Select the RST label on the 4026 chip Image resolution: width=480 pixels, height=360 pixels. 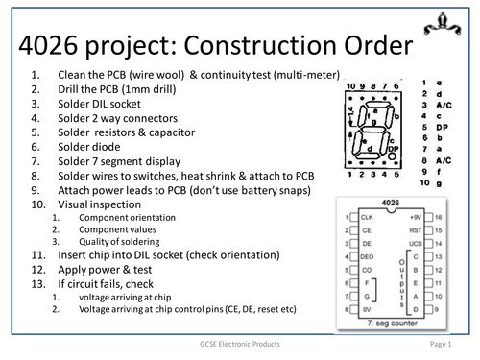[415, 230]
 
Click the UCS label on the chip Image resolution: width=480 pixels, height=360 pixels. [414, 244]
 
